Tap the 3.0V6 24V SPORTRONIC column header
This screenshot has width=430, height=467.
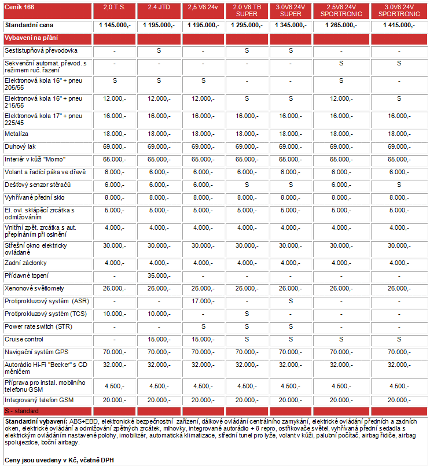click(399, 10)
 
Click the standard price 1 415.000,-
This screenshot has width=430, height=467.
click(399, 25)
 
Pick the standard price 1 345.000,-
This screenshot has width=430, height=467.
click(291, 25)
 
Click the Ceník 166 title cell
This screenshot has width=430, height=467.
click(19, 6)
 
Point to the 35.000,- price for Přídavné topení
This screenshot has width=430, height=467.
click(158, 275)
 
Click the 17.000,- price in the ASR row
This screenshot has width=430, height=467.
click(203, 301)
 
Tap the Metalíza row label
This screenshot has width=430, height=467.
click(17, 134)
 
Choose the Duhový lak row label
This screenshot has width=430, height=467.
click(20, 147)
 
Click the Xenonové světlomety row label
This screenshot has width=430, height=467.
click(34, 288)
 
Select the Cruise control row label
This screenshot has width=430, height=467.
click(24, 339)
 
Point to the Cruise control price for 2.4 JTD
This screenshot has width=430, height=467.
click(158, 339)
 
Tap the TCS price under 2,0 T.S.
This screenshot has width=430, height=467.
click(115, 314)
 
